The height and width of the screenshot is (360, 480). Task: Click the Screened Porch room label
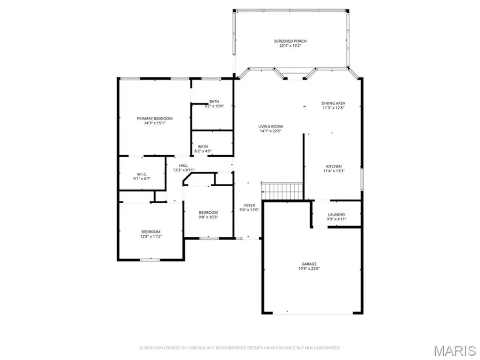click(290, 41)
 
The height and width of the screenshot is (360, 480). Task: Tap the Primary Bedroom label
click(155, 118)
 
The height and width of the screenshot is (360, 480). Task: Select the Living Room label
click(270, 126)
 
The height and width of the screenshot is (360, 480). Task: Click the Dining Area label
click(333, 103)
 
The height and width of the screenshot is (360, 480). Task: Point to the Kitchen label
click(334, 166)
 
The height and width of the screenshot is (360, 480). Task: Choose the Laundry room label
click(336, 214)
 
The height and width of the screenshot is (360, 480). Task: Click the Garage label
click(309, 264)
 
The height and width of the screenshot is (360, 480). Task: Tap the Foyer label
click(249, 205)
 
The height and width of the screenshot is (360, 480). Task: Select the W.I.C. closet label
click(141, 174)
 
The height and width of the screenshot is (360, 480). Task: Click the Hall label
click(183, 166)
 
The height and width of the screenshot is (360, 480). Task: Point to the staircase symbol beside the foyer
click(282, 189)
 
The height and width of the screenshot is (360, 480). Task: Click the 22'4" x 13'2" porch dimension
click(290, 46)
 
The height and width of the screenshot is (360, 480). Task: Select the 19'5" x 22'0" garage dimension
click(309, 269)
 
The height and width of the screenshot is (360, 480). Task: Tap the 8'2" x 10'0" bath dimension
click(214, 106)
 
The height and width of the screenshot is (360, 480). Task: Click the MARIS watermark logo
click(454, 350)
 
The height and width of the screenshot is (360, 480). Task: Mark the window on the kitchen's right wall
click(361, 181)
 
